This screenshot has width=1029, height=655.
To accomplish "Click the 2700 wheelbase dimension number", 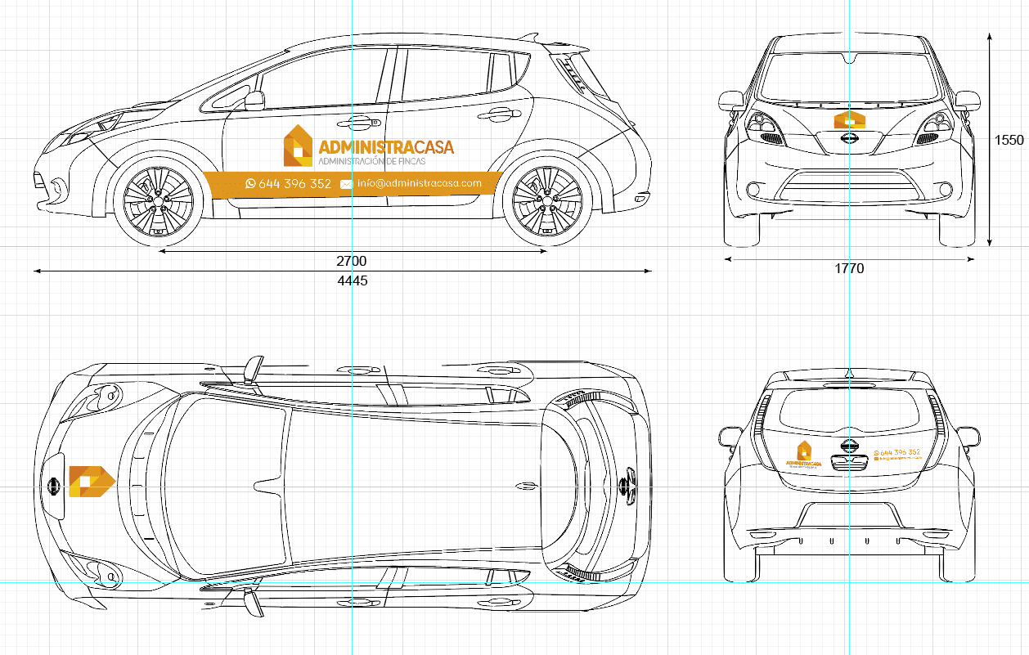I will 352,262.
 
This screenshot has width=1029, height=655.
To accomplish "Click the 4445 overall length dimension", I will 353,280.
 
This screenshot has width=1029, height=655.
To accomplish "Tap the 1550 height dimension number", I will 1009,140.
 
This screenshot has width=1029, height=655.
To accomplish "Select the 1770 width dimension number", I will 849,268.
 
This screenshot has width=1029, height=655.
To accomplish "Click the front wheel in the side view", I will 159,202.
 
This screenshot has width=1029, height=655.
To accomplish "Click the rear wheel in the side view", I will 546,202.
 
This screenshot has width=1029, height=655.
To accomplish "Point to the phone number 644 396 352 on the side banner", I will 294,184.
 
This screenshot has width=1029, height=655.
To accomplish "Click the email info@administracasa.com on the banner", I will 419,183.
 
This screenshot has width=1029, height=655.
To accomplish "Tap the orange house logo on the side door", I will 298,146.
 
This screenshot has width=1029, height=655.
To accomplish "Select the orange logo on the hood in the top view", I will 91,481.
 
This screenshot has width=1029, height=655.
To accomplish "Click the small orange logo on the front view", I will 849,120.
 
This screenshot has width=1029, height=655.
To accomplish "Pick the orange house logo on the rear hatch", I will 804,451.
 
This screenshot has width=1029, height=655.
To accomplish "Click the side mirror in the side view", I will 254,101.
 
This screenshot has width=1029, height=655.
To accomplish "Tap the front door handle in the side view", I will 358,123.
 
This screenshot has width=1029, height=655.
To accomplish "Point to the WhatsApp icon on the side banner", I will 250,184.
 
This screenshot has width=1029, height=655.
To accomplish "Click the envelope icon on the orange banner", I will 346,184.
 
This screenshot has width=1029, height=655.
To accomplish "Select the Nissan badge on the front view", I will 849,141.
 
